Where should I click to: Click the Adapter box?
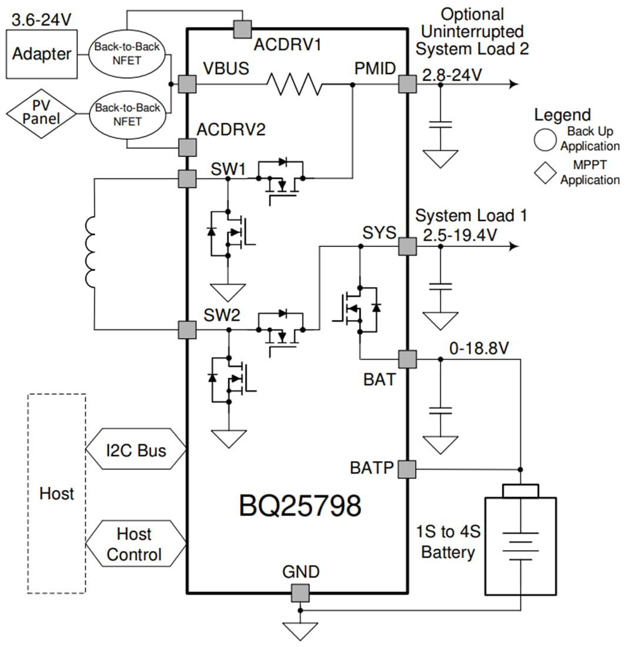click(x=41, y=54)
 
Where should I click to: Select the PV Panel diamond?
click(x=41, y=116)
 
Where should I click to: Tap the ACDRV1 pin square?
click(x=242, y=29)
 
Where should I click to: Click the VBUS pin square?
click(x=187, y=84)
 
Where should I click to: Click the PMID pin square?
click(x=407, y=84)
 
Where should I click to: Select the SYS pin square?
click(x=407, y=246)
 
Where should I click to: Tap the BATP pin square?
click(x=407, y=469)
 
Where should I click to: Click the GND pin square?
click(x=301, y=593)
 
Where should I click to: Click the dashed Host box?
click(x=56, y=493)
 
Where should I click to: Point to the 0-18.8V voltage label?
click(x=478, y=349)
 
